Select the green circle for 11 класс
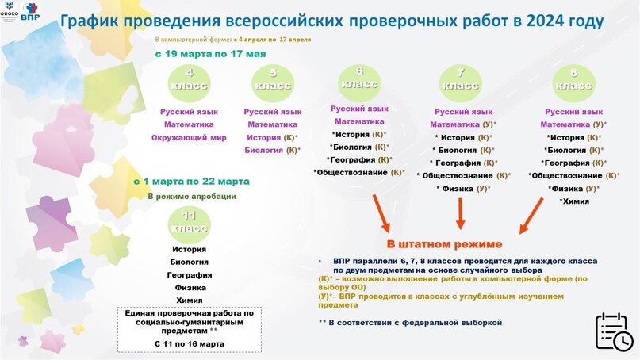pyautogui.click(x=188, y=222)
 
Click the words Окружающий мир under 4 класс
pyautogui.click(x=188, y=137)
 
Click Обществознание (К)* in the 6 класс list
pyautogui.click(x=359, y=172)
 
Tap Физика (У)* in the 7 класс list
pyautogui.click(x=463, y=188)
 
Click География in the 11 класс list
pyautogui.click(x=188, y=274)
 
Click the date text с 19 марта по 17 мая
pyautogui.click(x=210, y=54)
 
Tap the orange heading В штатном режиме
pyautogui.click(x=444, y=243)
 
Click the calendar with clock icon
pyautogui.click(x=614, y=330)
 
